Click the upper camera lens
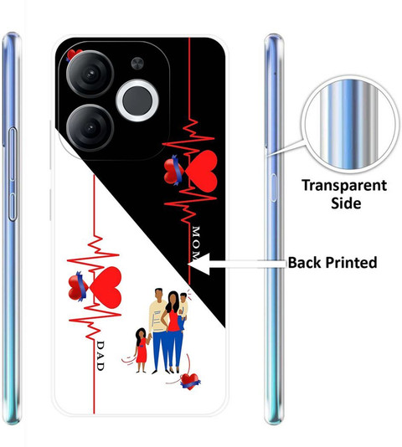pos(90,74)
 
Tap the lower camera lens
pos(90,128)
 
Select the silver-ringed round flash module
pos(137,100)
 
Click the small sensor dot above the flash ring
pos(137,64)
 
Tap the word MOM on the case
pos(196,243)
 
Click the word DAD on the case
pos(100,356)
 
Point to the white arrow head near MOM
pos(199,264)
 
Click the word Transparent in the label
pos(344,186)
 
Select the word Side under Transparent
pos(346,203)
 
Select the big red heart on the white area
pos(106,287)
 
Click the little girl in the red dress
pos(142,351)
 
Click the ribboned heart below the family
pos(190,382)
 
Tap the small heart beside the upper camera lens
pos(73,54)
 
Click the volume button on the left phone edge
pos(13,174)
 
